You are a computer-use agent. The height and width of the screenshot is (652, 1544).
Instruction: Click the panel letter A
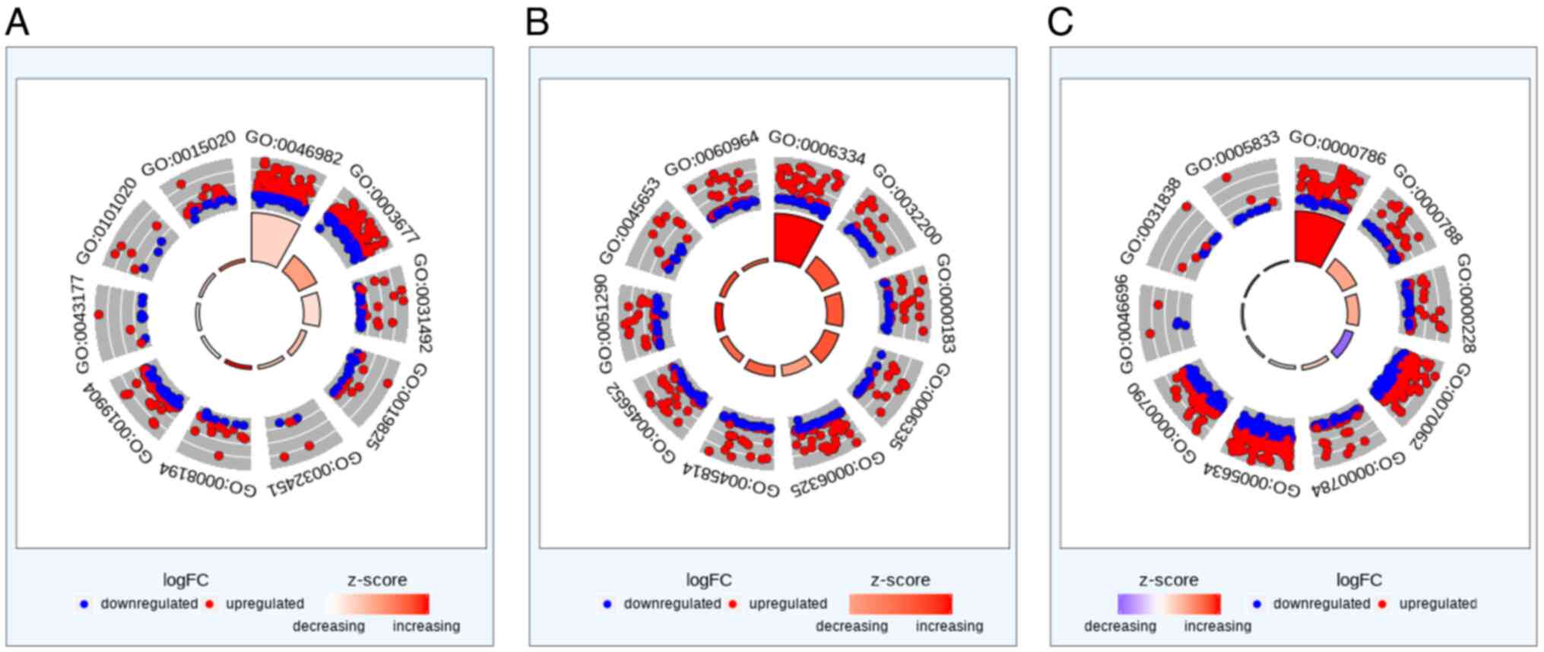(x=17, y=22)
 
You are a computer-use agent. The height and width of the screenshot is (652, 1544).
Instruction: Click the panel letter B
(x=537, y=22)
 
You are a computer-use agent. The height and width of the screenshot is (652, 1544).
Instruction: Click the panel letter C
(x=1060, y=22)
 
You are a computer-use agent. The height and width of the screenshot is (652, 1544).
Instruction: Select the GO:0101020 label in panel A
(x=107, y=220)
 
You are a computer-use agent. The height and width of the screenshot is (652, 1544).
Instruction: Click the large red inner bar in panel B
(x=796, y=239)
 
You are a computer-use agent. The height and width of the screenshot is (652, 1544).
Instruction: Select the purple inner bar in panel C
(x=1343, y=344)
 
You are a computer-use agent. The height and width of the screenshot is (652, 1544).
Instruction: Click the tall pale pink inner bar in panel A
(x=274, y=238)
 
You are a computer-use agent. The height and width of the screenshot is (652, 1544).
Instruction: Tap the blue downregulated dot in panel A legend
(x=84, y=604)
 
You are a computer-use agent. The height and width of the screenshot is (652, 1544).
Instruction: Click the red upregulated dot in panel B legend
(x=733, y=604)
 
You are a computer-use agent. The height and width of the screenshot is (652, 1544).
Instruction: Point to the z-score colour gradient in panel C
(x=1168, y=604)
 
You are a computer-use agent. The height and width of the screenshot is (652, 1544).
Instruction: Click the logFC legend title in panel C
(x=1359, y=580)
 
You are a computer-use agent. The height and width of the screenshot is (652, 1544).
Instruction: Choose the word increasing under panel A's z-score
(x=426, y=626)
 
